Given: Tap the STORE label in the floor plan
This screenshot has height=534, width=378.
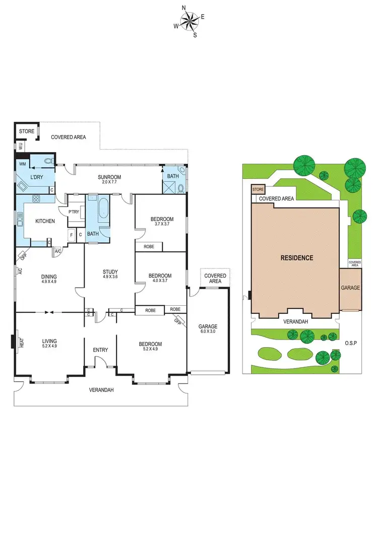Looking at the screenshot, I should (26, 131).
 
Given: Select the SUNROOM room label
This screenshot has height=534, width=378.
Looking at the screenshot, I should (109, 177).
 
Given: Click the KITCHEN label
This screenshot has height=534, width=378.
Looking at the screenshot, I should (45, 221).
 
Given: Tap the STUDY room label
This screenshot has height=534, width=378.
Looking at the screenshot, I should (109, 273).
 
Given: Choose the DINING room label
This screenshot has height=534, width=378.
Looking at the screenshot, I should (49, 276).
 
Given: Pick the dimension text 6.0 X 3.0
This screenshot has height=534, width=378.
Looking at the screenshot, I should (207, 331).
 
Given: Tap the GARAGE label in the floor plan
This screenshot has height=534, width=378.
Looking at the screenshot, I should (207, 325).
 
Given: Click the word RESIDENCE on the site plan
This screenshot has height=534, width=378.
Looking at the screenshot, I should (296, 258).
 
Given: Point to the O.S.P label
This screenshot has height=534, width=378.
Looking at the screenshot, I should (351, 343).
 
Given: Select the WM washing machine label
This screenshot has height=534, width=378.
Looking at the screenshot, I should (22, 164).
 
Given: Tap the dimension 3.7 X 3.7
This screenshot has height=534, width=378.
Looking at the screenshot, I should (162, 225).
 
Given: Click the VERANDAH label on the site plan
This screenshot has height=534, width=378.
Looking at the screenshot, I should (295, 321).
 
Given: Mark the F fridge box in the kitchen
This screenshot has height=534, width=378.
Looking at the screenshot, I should (72, 235).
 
